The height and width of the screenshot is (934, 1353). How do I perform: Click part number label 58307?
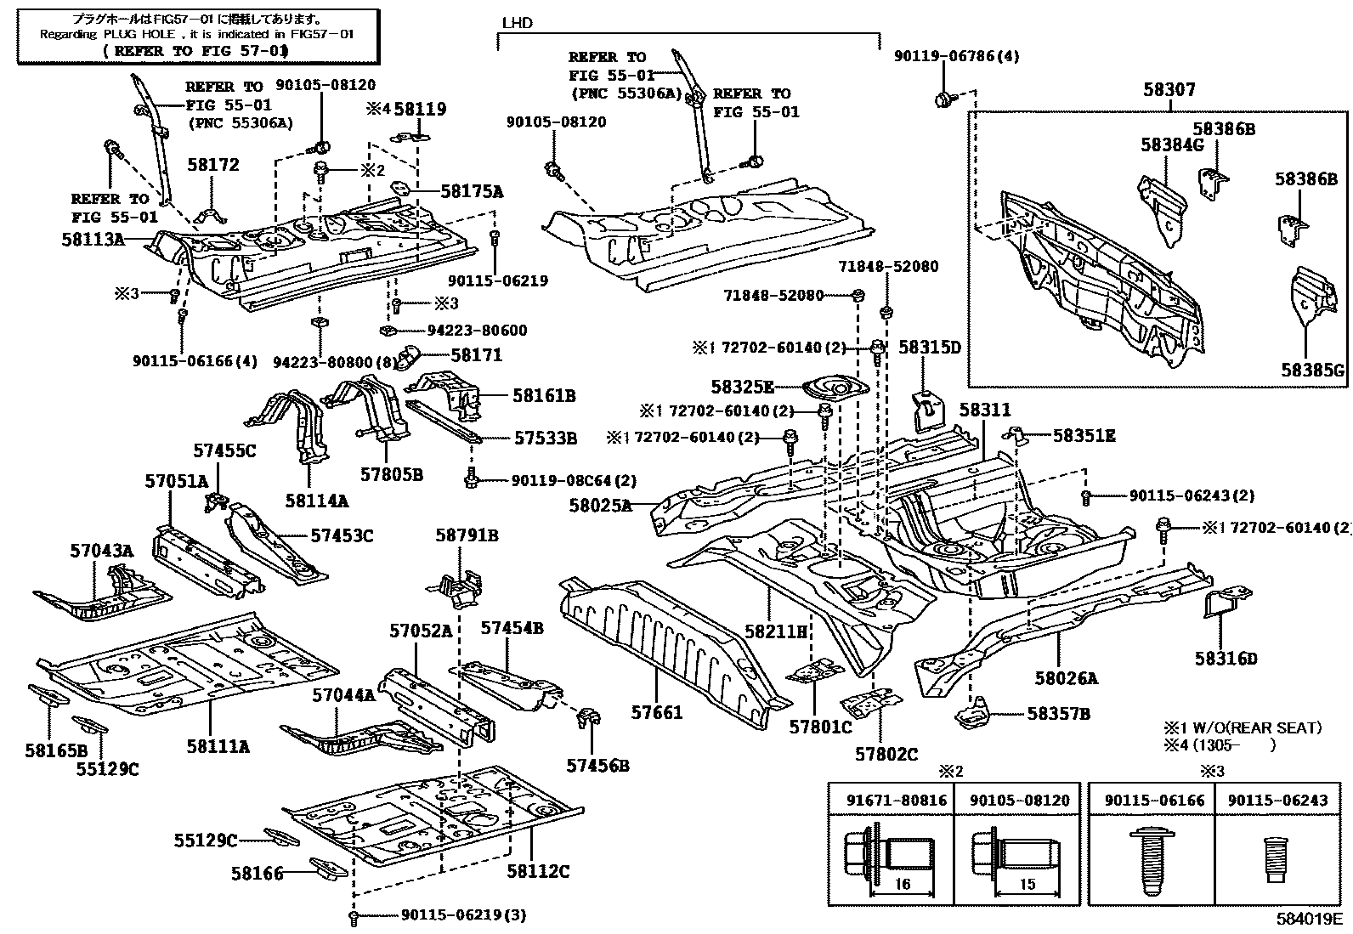1169,89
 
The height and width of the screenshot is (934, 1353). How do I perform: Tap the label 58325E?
742,387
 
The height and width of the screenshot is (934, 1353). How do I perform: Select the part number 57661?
657,713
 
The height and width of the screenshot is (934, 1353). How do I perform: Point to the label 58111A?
218,747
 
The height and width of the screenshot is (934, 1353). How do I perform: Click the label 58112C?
538,871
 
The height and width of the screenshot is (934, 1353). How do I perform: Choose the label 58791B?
467,535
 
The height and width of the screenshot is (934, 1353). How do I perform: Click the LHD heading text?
518,23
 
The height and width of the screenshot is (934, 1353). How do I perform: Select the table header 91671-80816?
897,801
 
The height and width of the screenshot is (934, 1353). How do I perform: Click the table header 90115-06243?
1277,801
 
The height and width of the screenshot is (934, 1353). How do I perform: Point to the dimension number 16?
903,884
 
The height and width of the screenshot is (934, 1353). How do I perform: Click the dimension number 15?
1027,884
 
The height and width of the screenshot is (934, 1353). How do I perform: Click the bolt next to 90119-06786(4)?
943,99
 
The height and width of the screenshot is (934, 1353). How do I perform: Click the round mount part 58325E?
836,388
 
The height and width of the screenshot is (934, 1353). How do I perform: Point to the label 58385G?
1313,371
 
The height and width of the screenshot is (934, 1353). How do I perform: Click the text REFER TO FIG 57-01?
196,51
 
